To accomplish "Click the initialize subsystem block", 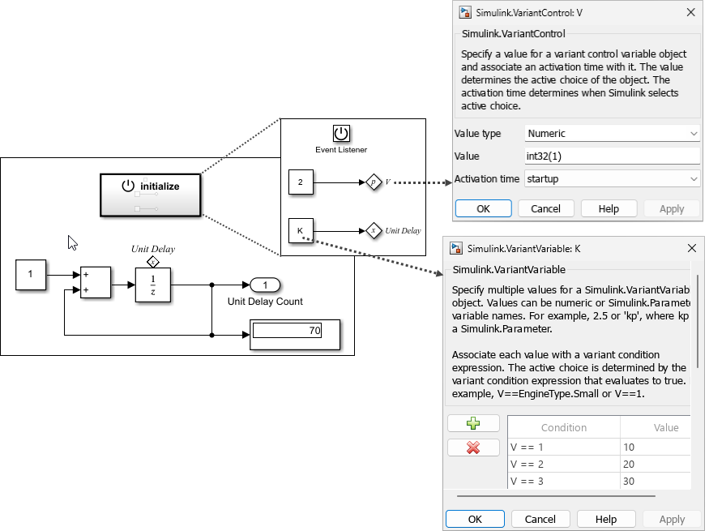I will coord(151,195).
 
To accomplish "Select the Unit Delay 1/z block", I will coord(153,286).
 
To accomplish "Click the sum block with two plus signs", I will coord(96,283).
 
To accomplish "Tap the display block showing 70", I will coord(294,332).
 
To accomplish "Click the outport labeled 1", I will coord(265,285).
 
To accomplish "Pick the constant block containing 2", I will coord(301,182).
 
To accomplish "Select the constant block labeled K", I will coord(301,231).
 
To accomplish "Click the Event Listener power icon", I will coord(341,134).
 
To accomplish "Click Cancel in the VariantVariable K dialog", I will coord(540,519).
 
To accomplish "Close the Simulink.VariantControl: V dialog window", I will coord(691,12).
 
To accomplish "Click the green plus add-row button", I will coord(474,423).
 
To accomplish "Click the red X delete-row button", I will coord(474,447).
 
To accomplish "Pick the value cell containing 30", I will coord(655,481).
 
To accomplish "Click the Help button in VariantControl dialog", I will coord(609,208).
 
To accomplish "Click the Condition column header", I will coord(564,427).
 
